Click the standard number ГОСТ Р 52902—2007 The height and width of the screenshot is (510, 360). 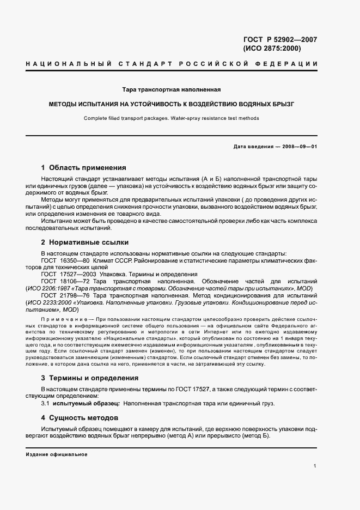pyautogui.click(x=280, y=39)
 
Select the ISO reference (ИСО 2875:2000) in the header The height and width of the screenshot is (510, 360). pyautogui.click(x=272, y=48)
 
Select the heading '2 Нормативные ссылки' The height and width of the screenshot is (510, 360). pyautogui.click(x=84, y=242)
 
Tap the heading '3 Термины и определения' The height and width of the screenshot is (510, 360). pyautogui.click(x=90, y=378)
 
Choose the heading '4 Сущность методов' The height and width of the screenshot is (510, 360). pyautogui.click(x=80, y=418)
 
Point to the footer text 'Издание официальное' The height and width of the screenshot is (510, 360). pyautogui.click(x=57, y=454)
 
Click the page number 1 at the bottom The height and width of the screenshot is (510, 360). pyautogui.click(x=315, y=465)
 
